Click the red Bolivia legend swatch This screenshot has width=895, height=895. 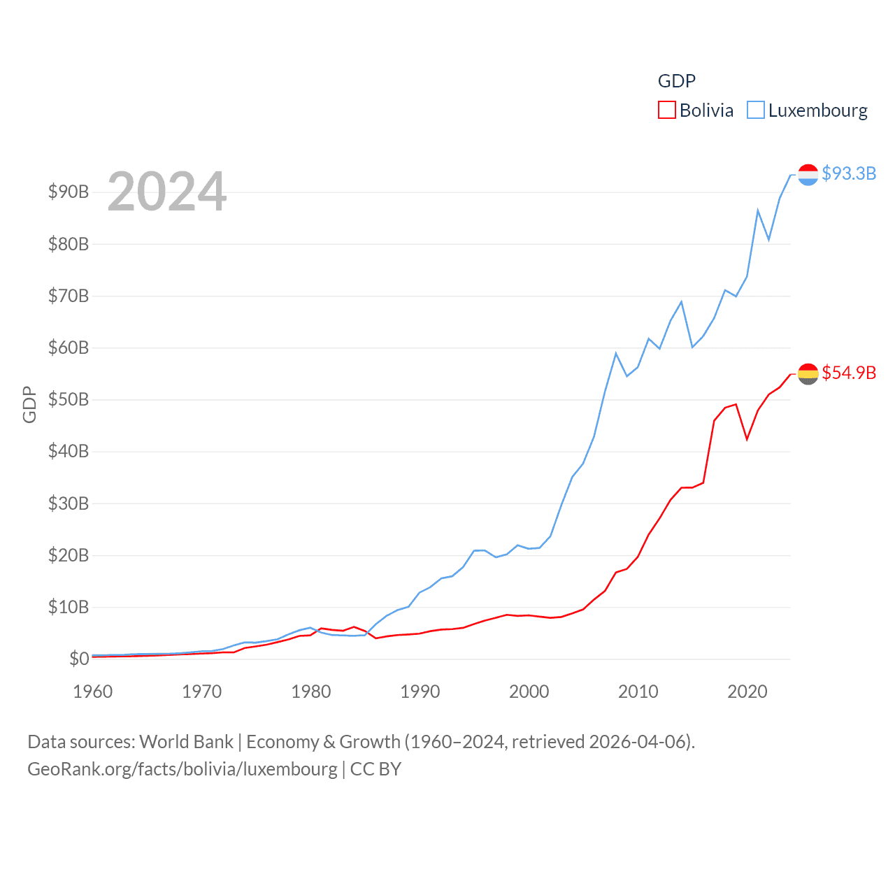coord(666,110)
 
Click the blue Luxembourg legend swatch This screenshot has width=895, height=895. coord(756,110)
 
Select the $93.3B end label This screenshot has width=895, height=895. coord(849,173)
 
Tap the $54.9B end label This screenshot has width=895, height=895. coord(849,373)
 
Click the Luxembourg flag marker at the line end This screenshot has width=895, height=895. coord(808,175)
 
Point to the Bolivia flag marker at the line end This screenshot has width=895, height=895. coord(808,374)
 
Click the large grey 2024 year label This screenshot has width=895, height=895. coord(167,192)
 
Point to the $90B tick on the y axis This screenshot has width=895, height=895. coord(69,192)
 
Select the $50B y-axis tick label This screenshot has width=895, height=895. coord(69,400)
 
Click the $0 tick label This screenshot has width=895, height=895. coord(79,659)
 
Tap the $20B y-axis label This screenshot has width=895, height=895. coord(69,556)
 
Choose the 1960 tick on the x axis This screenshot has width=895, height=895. coord(93,692)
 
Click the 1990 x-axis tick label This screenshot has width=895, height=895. coord(420,692)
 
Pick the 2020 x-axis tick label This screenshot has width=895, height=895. coord(747,692)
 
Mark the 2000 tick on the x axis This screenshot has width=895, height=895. coord(529,692)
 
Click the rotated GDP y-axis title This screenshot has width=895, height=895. coord(29,404)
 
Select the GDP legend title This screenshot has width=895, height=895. coord(677,81)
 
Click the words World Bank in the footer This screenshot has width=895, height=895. coord(186,742)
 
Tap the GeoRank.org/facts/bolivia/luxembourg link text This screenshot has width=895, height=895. coord(182,769)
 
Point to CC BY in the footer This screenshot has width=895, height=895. coord(375,769)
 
